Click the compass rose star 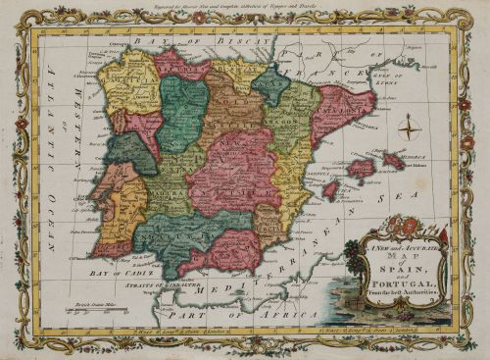pos(411,126)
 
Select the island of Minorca pos(395,159)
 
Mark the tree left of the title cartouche pos(352,257)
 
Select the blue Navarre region pos(270,85)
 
